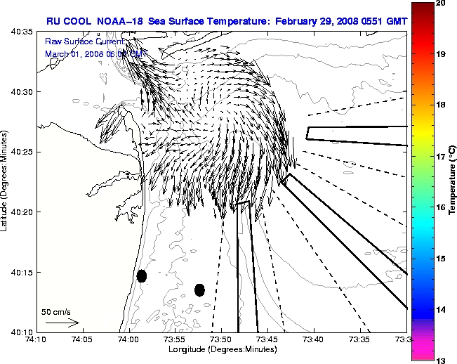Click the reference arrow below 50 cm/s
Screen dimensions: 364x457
[62, 323]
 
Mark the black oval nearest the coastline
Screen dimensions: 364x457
[142, 276]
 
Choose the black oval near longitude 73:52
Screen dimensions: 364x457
[199, 290]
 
